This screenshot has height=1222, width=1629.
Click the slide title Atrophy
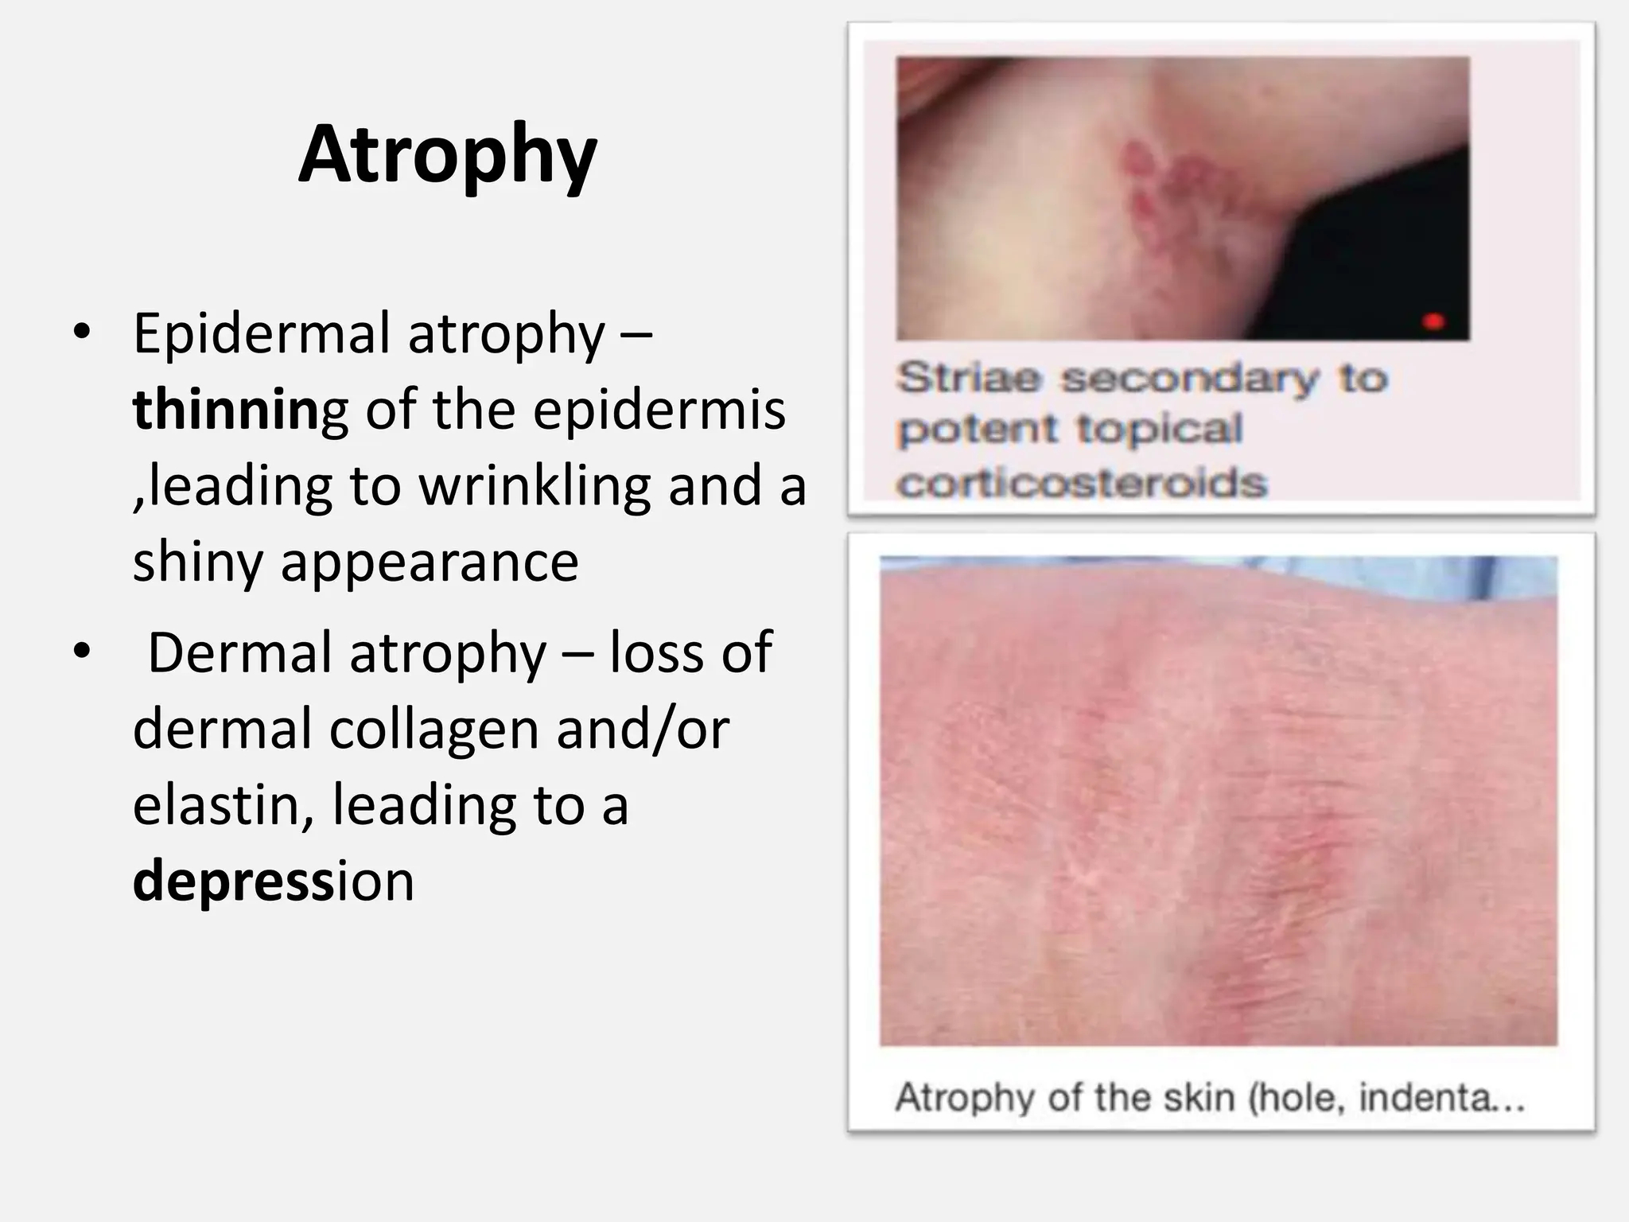[447, 155]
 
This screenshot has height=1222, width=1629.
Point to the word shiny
[197, 562]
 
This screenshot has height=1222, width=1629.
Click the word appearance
[430, 562]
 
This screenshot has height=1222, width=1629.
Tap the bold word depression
[273, 881]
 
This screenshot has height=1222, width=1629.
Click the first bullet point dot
[81, 333]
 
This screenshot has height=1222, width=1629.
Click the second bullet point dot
[81, 652]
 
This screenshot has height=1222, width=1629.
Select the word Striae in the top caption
[968, 377]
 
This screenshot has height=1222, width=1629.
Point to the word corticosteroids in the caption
[1082, 483]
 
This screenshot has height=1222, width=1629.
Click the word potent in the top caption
[978, 430]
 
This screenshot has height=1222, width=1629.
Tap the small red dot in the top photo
[1433, 321]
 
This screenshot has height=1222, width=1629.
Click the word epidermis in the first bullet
[659, 411]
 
